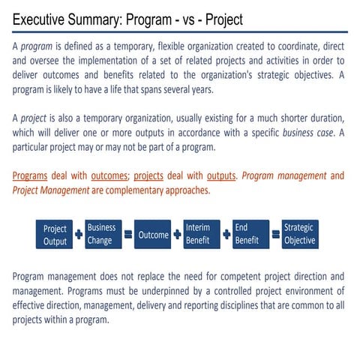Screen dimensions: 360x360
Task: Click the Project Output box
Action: tap(55, 235)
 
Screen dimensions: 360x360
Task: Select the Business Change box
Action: tap(102, 234)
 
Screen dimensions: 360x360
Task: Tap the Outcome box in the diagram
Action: tap(154, 235)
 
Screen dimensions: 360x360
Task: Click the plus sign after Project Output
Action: tap(78, 235)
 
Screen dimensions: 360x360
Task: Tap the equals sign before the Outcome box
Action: tap(128, 235)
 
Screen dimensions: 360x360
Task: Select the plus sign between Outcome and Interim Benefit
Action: tap(177, 235)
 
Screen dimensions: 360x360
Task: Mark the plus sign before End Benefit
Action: tap(225, 235)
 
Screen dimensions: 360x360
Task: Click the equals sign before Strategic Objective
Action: tap(275, 235)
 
